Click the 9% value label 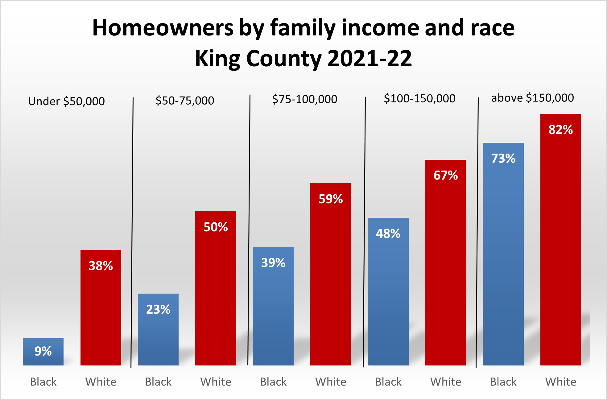pyautogui.click(x=43, y=351)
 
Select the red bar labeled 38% pyautogui.click(x=101, y=308)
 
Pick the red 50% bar pyautogui.click(x=216, y=293)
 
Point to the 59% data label pyautogui.click(x=331, y=199)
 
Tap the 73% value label pyautogui.click(x=503, y=159)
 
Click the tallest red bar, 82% pyautogui.click(x=561, y=247)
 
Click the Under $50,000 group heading pyautogui.click(x=67, y=101)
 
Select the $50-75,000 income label pyautogui.click(x=185, y=101)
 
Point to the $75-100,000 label pyautogui.click(x=305, y=99)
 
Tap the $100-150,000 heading pyautogui.click(x=419, y=99)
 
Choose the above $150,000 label pyautogui.click(x=532, y=98)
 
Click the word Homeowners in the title pyautogui.click(x=163, y=28)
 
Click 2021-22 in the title pyautogui.click(x=370, y=59)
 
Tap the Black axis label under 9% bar pyautogui.click(x=43, y=382)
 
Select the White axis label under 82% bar pyautogui.click(x=561, y=382)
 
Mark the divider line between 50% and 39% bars pyautogui.click(x=249, y=231)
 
